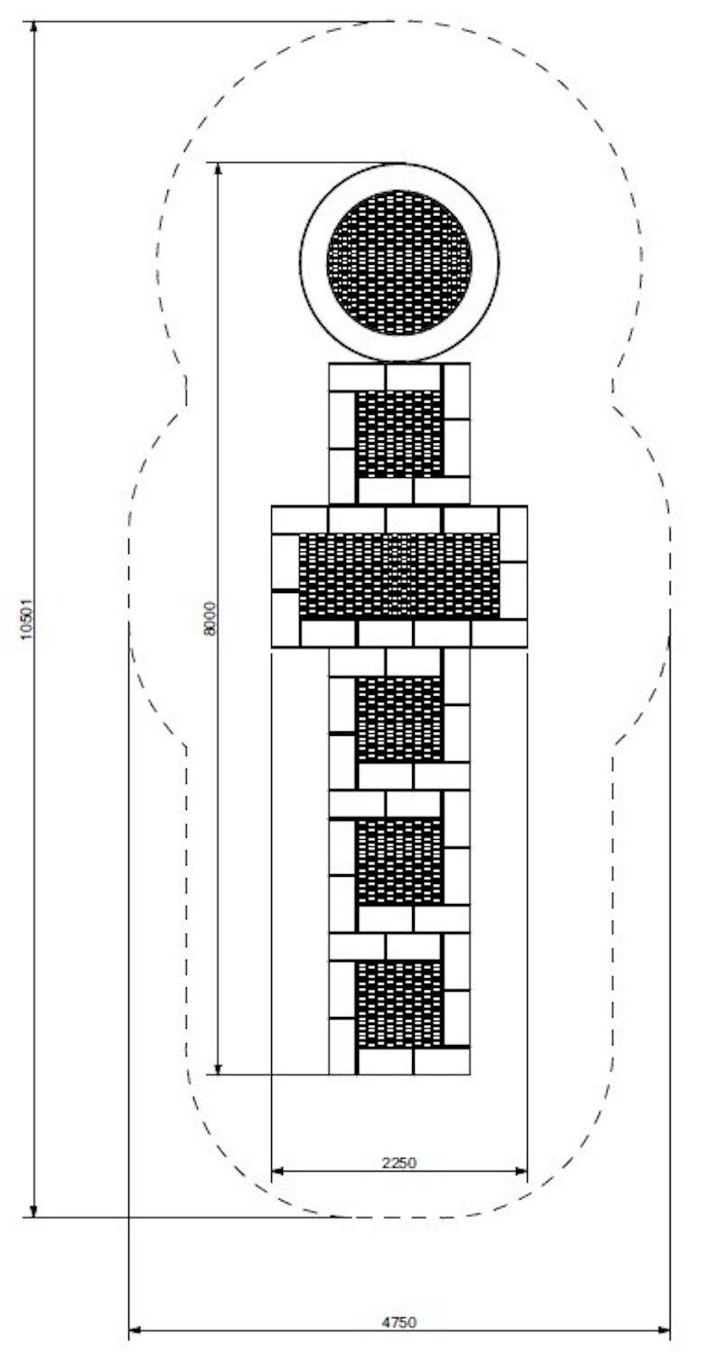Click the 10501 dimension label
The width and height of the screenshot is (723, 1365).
[27, 619]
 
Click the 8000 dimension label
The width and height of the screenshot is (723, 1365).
[210, 618]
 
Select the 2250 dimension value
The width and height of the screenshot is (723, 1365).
[399, 1163]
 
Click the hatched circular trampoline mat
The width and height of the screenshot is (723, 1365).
[399, 263]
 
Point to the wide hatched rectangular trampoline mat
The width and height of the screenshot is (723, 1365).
[399, 576]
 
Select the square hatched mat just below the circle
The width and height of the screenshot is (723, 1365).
[399, 434]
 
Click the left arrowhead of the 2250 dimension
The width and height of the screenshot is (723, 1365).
[278, 1171]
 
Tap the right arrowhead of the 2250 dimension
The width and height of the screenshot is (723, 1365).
[521, 1171]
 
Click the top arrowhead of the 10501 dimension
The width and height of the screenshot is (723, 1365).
[34, 29]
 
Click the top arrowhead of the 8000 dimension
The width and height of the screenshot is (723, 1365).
[219, 170]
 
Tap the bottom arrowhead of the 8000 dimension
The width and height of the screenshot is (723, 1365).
[219, 1067]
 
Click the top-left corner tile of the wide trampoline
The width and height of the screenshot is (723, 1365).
[300, 520]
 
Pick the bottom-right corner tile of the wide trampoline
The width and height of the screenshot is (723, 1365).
[499, 633]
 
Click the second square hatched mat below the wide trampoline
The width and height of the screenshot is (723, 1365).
[399, 862]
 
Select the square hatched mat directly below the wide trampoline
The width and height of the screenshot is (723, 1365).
[399, 719]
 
